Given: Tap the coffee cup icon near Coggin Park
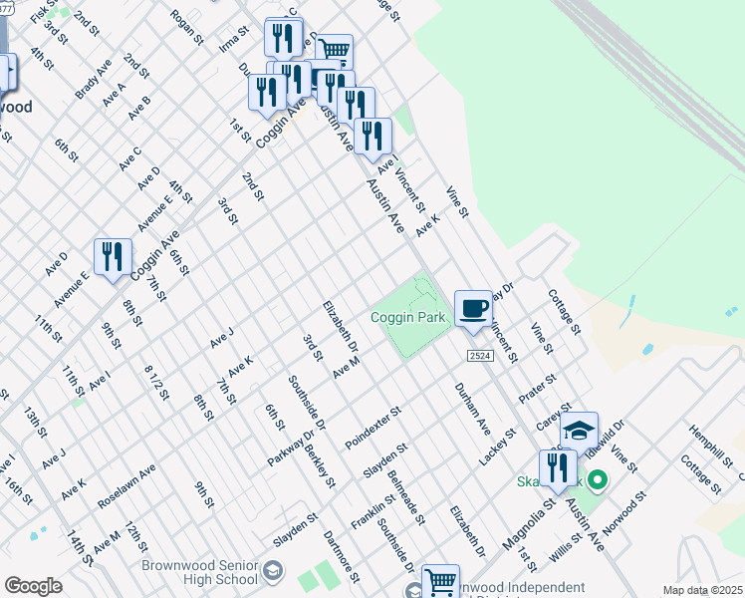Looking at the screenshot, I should pos(473,309).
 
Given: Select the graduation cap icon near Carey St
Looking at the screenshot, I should pos(578,431).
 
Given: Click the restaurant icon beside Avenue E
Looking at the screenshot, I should pos(113,257).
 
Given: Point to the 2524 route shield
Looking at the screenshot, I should pos(478,356).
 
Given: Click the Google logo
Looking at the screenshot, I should pos(33,586).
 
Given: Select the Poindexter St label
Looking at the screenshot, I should pos(372,426).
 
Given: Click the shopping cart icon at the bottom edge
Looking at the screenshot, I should pos(440,582).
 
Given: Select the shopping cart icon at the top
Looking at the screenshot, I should pos(335,51).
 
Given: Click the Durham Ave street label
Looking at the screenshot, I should pos(472,408).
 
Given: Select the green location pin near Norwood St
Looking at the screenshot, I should pos(598,481).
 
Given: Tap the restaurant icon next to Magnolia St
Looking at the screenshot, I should pos(557,468).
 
